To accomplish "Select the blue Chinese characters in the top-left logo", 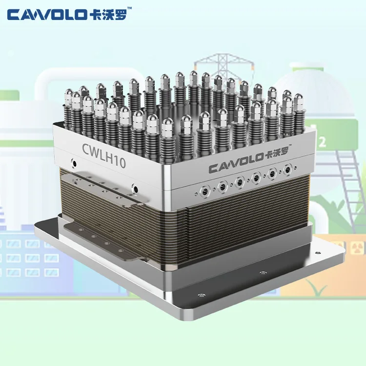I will tap(110, 15).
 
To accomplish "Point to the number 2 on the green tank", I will tap(322, 142).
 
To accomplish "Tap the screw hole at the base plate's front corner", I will tap(200, 295).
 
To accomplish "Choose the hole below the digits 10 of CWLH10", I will tap(135, 187).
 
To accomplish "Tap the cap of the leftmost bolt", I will tap(69, 94).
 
